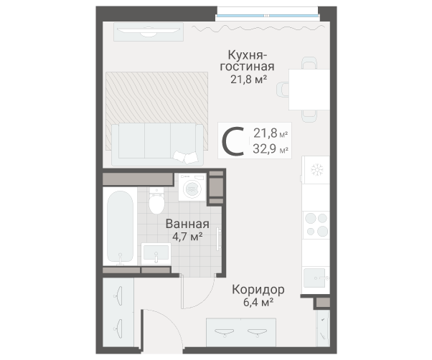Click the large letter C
(235, 141)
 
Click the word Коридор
(258, 290)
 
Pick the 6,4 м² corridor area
(258, 302)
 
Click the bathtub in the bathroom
(120, 227)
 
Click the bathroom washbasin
(156, 253)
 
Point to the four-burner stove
(315, 224)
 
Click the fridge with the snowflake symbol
(315, 171)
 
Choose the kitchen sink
(315, 276)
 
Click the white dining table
(309, 89)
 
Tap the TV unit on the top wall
(148, 32)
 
